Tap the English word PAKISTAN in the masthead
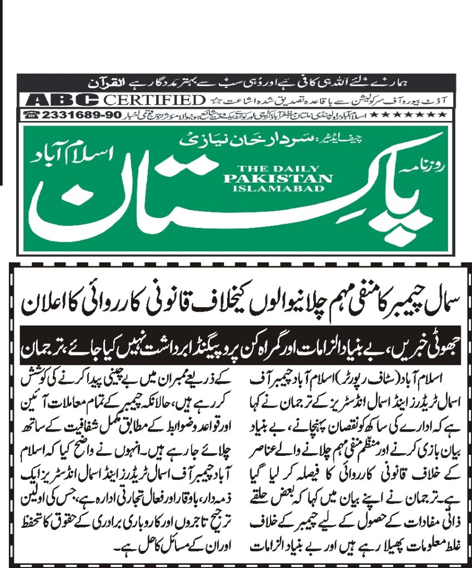click(278, 179)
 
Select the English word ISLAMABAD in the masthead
click(278, 188)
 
